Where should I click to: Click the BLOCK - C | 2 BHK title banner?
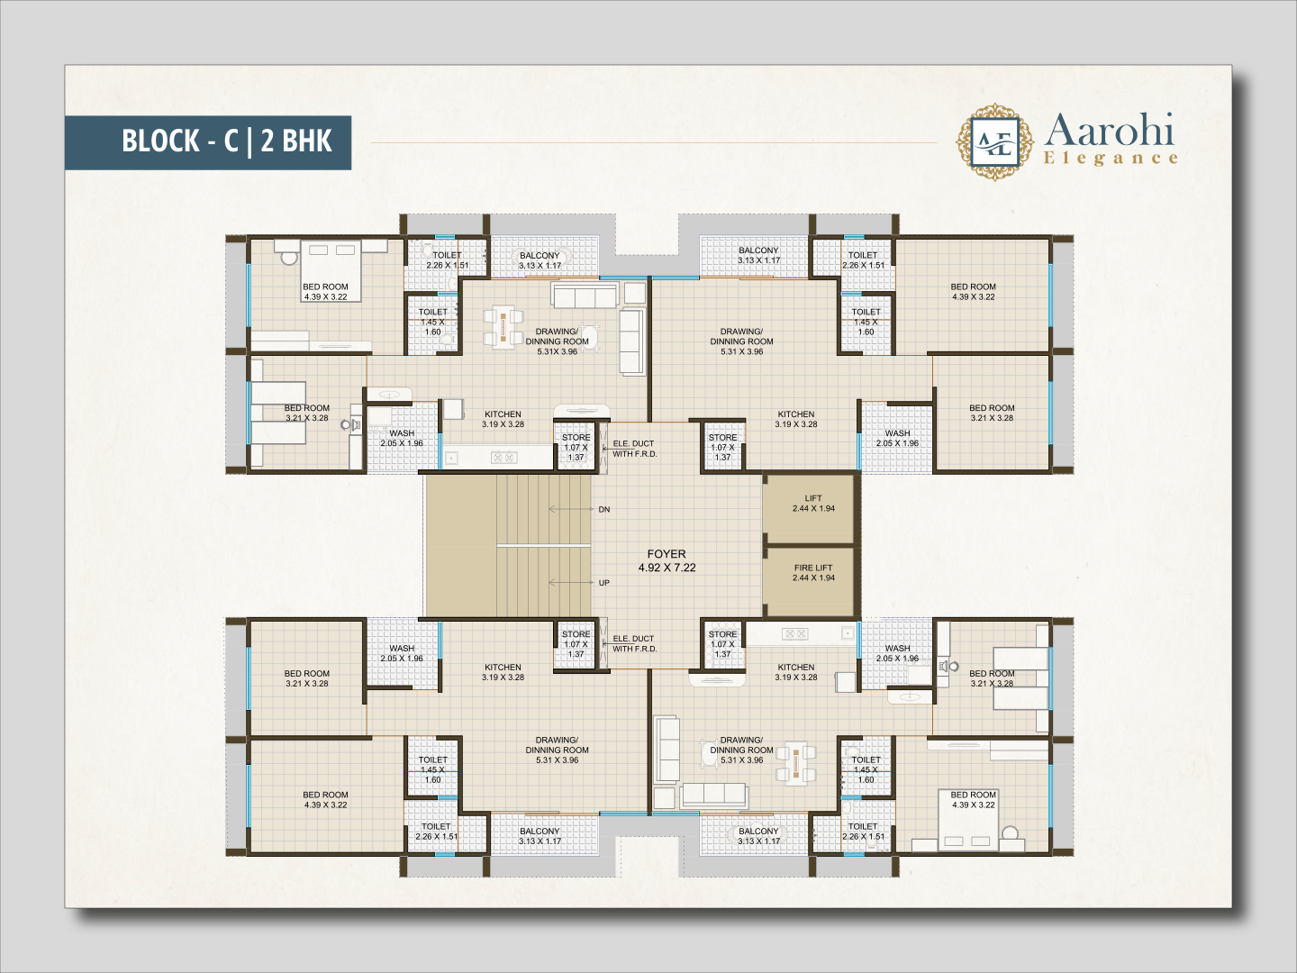[x=208, y=142]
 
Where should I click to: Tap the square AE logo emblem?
[x=995, y=141]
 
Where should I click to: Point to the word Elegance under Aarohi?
[x=1111, y=159]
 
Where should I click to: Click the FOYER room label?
[x=667, y=554]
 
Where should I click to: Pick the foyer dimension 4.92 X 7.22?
[x=667, y=568]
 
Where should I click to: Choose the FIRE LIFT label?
[x=813, y=568]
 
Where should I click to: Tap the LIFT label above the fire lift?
[x=813, y=498]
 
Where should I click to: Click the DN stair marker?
[x=603, y=509]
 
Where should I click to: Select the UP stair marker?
[x=603, y=583]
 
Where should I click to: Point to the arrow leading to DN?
[x=571, y=509]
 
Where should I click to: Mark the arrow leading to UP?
[x=571, y=583]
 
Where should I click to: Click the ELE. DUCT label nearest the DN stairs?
[x=633, y=449]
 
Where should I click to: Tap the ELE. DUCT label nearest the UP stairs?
[x=633, y=643]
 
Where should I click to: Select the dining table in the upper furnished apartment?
[x=503, y=326]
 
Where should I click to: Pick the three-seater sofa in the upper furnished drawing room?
[x=585, y=295]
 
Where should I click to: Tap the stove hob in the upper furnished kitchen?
[x=504, y=457]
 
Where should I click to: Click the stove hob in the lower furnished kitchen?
[x=794, y=634]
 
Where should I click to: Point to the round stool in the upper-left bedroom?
[x=289, y=258]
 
